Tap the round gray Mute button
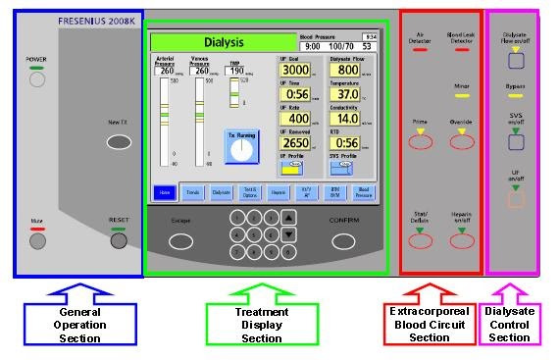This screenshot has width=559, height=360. (x=38, y=240)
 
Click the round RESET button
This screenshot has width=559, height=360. (x=119, y=240)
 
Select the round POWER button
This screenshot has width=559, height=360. (x=37, y=80)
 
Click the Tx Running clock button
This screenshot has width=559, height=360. (x=241, y=147)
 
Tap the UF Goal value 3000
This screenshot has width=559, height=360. (x=295, y=71)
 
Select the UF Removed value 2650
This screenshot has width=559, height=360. (x=295, y=142)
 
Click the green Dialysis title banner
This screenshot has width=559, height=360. (x=223, y=43)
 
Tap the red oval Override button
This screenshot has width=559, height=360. (x=463, y=141)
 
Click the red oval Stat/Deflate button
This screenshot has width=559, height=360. (x=420, y=241)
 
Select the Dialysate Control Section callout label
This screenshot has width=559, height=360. (x=510, y=324)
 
